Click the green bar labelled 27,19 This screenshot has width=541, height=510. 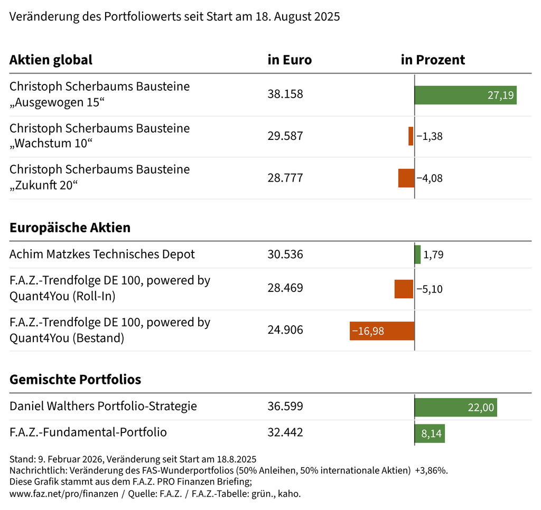[x=465, y=95]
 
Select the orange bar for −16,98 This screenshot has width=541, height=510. [x=382, y=330]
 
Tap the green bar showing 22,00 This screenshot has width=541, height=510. [x=456, y=407]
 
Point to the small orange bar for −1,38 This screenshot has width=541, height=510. [x=411, y=136]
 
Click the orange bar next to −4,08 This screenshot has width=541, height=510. [x=406, y=178]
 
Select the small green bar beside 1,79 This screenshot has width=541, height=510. [x=418, y=254]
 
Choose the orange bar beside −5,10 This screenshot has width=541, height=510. [x=404, y=289]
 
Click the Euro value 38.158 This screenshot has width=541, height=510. [x=285, y=95]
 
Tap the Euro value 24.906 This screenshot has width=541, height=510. [x=285, y=330]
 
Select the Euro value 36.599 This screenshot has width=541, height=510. [x=285, y=407]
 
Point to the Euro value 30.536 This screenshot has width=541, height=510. [x=285, y=254]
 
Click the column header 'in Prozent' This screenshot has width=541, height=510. [x=433, y=60]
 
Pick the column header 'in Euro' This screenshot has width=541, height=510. [x=290, y=60]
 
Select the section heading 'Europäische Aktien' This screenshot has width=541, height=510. [x=70, y=228]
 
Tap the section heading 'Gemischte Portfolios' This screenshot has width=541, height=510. [x=75, y=380]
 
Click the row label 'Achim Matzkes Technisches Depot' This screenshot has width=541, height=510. [x=102, y=254]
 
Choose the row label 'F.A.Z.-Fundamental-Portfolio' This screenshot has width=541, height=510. [x=88, y=433]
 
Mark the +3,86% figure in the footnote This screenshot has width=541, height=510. [x=431, y=470]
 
